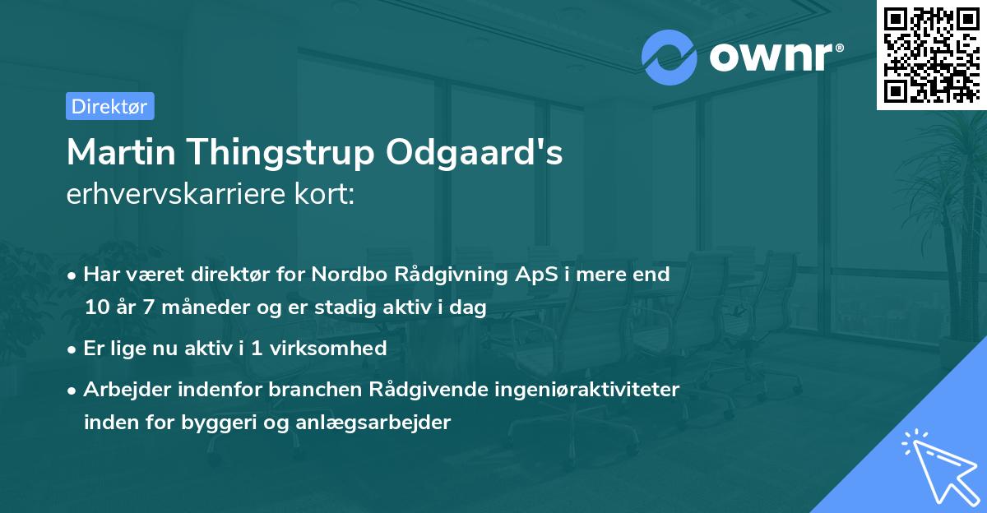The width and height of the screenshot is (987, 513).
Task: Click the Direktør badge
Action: [109, 106]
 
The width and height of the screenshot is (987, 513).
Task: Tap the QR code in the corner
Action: [931, 54]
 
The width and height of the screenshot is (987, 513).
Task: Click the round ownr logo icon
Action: [670, 58]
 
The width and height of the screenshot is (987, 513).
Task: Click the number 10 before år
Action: [97, 308]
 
